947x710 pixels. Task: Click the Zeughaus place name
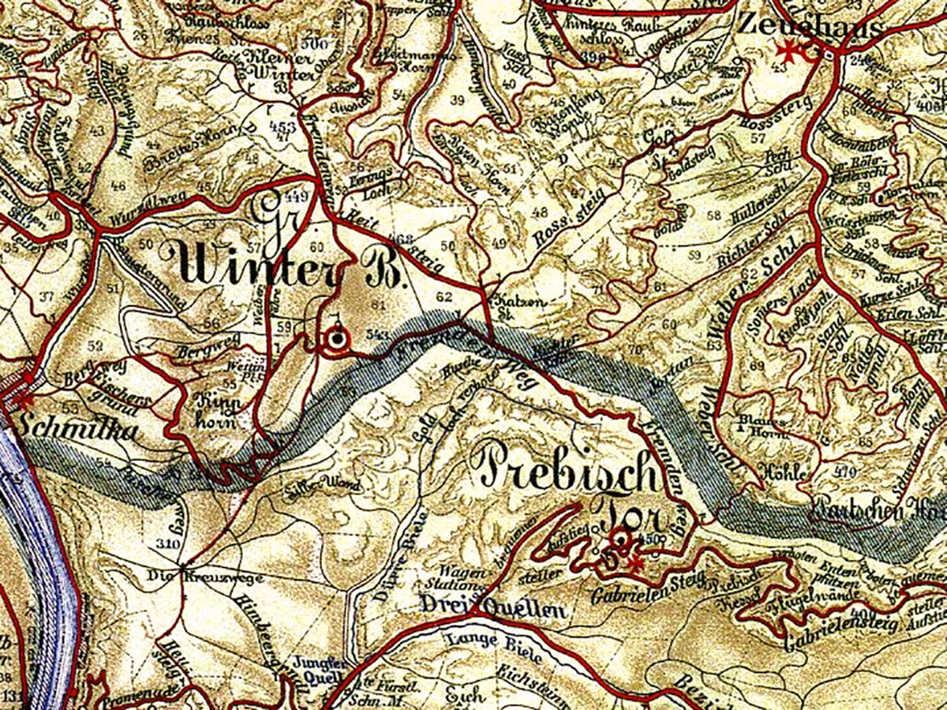[x=809, y=27]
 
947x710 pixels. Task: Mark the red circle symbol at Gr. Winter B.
[x=337, y=340]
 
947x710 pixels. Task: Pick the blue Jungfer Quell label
[x=319, y=670]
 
